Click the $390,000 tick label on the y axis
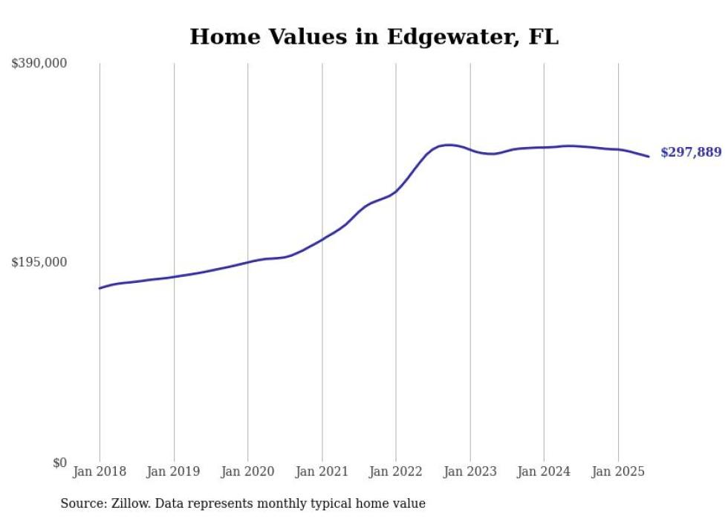(39, 64)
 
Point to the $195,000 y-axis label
(39, 262)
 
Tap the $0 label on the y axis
(59, 463)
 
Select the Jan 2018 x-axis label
(100, 471)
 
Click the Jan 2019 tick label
(174, 471)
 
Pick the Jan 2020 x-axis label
(248, 471)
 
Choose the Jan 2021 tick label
(322, 471)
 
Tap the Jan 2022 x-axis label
(396, 471)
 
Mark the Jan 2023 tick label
(470, 471)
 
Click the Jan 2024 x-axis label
(544, 471)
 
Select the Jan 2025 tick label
(618, 471)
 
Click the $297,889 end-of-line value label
(690, 153)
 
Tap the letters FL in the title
(543, 36)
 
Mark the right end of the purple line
(649, 156)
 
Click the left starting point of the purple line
(100, 288)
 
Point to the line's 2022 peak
(448, 145)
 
